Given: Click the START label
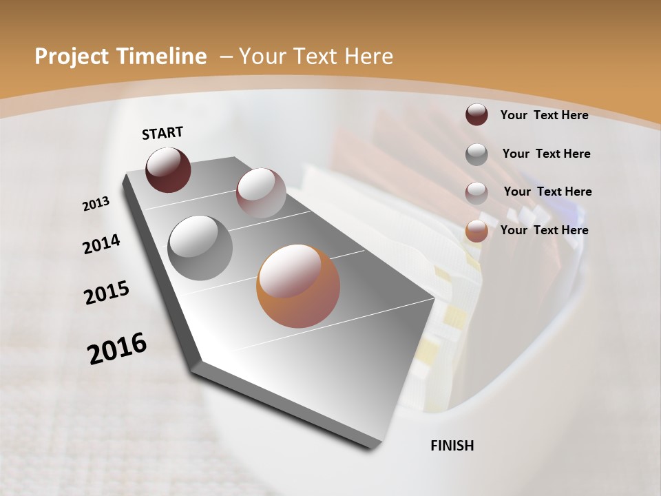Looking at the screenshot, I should [162, 133].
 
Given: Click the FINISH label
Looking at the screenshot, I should [452, 446].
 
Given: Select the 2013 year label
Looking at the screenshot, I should [96, 204].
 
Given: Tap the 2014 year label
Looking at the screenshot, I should [102, 245].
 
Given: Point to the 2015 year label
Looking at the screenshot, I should [107, 293].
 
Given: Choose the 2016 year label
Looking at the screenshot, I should [117, 348].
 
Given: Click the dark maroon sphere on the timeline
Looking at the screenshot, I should [168, 169].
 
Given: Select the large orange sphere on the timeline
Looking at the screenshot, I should [298, 286].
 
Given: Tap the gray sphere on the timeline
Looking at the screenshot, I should [200, 247].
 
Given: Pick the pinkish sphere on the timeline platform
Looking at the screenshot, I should [261, 193].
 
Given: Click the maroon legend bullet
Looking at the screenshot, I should [476, 115].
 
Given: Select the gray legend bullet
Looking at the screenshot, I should [476, 154].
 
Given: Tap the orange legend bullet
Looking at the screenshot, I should [476, 231].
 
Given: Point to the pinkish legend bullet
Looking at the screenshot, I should [476, 192].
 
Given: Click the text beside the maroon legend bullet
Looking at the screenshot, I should [544, 115].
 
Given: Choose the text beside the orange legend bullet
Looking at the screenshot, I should [544, 230].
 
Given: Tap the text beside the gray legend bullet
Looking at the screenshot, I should [546, 154].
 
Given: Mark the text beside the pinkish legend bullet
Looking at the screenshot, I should [547, 192].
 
